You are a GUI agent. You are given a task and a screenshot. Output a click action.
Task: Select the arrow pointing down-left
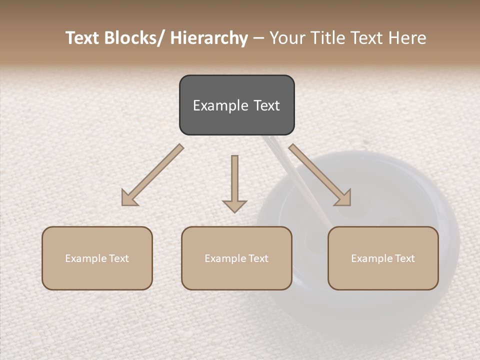tap(152, 175)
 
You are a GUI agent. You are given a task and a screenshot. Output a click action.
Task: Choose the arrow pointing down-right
tap(320, 175)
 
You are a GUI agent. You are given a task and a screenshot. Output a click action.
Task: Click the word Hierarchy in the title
tap(209, 38)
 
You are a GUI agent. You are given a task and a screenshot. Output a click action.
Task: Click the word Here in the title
tap(407, 38)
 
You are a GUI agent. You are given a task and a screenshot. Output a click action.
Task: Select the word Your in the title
tap(286, 38)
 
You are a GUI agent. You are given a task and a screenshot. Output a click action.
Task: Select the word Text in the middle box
tap(257, 258)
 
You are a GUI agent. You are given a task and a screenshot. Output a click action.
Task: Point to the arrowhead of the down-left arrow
tap(129, 198)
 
